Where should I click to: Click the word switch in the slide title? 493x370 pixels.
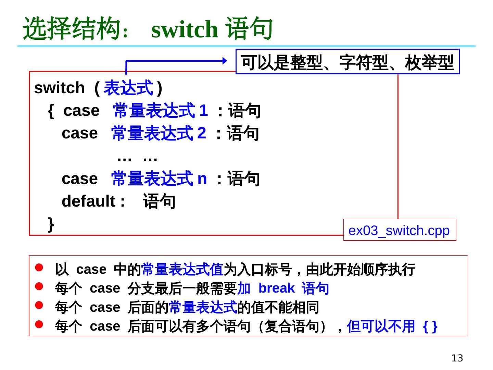pos(185,30)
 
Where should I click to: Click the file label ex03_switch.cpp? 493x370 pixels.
pos(399,231)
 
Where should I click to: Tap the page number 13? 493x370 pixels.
pos(457,358)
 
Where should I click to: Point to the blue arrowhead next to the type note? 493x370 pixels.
pos(224,61)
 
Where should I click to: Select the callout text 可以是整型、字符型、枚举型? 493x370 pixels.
pos(347,62)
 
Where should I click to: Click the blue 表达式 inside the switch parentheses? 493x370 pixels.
pos(128,88)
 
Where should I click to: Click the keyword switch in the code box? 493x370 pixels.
pos(59,88)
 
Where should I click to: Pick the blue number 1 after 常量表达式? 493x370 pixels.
pos(203,111)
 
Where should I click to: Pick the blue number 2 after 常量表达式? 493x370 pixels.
pos(202,133)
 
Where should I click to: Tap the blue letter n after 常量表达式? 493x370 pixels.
pos(202,179)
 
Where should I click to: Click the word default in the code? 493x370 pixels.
pos(88,201)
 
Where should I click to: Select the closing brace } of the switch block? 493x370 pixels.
pos(51,224)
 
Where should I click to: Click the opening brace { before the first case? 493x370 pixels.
pos(51,111)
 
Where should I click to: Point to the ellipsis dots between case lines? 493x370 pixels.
pos(137,158)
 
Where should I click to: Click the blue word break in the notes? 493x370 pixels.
pos(276,288)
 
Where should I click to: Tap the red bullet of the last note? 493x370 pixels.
pos(39,324)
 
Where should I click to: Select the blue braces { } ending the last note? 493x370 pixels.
pos(430,326)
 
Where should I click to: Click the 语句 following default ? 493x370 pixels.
pos(159,201)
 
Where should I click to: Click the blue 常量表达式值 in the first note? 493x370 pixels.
pos(182,270)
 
